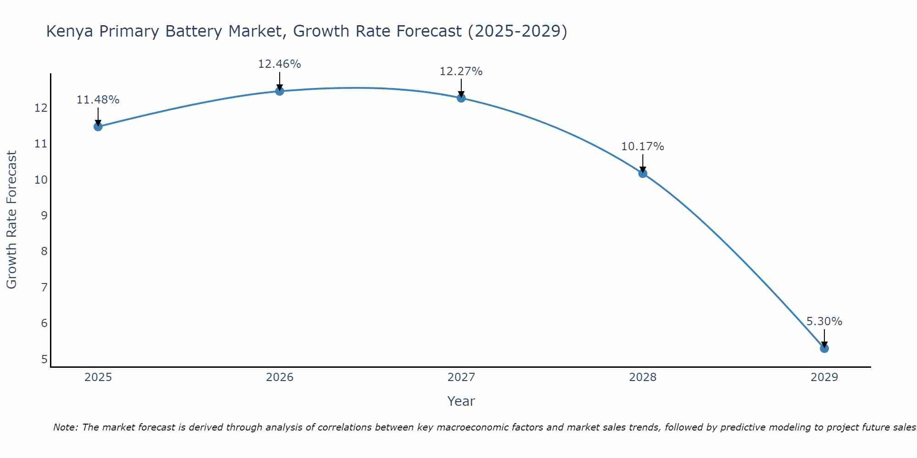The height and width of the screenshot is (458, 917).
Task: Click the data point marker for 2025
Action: [98, 127]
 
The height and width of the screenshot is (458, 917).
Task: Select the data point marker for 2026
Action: [280, 91]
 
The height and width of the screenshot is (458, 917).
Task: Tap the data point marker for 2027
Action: [461, 98]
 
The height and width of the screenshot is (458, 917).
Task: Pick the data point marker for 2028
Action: [643, 174]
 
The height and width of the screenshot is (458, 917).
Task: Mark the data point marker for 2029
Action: [824, 349]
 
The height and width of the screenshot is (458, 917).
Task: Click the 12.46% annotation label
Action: [280, 64]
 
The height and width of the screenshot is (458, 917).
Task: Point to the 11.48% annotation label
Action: [98, 100]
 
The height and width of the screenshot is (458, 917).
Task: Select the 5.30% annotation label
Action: [824, 322]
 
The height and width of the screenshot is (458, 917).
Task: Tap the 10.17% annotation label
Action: [643, 147]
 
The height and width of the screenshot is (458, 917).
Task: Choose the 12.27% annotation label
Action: [461, 71]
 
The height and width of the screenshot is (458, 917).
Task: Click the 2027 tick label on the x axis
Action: [461, 377]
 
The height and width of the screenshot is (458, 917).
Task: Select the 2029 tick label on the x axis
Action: [824, 377]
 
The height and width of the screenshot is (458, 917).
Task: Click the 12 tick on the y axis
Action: [41, 108]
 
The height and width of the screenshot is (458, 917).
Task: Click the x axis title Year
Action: [461, 401]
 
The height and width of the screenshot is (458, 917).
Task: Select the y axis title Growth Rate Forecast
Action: [12, 220]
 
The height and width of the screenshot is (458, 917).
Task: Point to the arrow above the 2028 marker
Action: [643, 163]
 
